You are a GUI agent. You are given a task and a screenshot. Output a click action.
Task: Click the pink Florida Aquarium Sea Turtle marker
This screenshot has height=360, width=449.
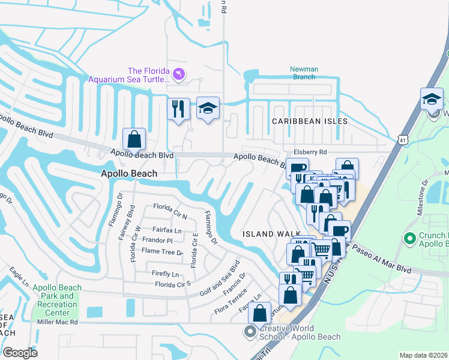tap(179, 74)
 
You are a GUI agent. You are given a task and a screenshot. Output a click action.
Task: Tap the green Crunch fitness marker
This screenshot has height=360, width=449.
tap(411, 239)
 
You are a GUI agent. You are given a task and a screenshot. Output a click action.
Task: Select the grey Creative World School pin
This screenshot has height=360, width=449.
tap(250, 331)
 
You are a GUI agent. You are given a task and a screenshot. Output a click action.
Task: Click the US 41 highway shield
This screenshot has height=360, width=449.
tap(403, 139)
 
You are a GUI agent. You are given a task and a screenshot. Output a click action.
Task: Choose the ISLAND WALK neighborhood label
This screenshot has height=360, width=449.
tap(267, 233)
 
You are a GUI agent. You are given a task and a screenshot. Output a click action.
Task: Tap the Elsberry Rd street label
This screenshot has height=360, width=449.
tap(310, 152)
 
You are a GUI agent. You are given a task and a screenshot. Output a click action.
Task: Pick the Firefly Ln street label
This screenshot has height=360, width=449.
tap(166, 274)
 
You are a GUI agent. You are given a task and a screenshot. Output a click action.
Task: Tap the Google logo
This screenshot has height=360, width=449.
tap(20, 352)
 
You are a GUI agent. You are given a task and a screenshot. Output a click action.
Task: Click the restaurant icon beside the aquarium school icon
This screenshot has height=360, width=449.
tap(178, 109)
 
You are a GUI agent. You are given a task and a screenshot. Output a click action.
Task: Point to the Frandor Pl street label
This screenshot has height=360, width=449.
tap(158, 241)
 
